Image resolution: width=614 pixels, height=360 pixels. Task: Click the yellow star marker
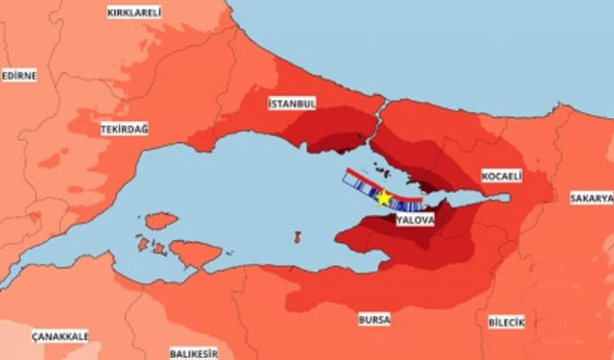[384, 198]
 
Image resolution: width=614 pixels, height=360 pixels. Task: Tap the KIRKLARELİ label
[134, 12]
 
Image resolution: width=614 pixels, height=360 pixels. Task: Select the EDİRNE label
[18, 75]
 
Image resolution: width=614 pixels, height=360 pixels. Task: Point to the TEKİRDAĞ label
[125, 129]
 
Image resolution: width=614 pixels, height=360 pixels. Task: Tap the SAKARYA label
[591, 198]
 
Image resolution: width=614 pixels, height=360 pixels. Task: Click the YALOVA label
[415, 220]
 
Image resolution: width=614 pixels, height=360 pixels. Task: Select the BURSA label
[374, 319]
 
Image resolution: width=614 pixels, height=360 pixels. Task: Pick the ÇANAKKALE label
[59, 336]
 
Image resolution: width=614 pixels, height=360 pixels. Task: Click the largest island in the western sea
[196, 253]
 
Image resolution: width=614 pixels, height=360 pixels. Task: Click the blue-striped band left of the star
[360, 190]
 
